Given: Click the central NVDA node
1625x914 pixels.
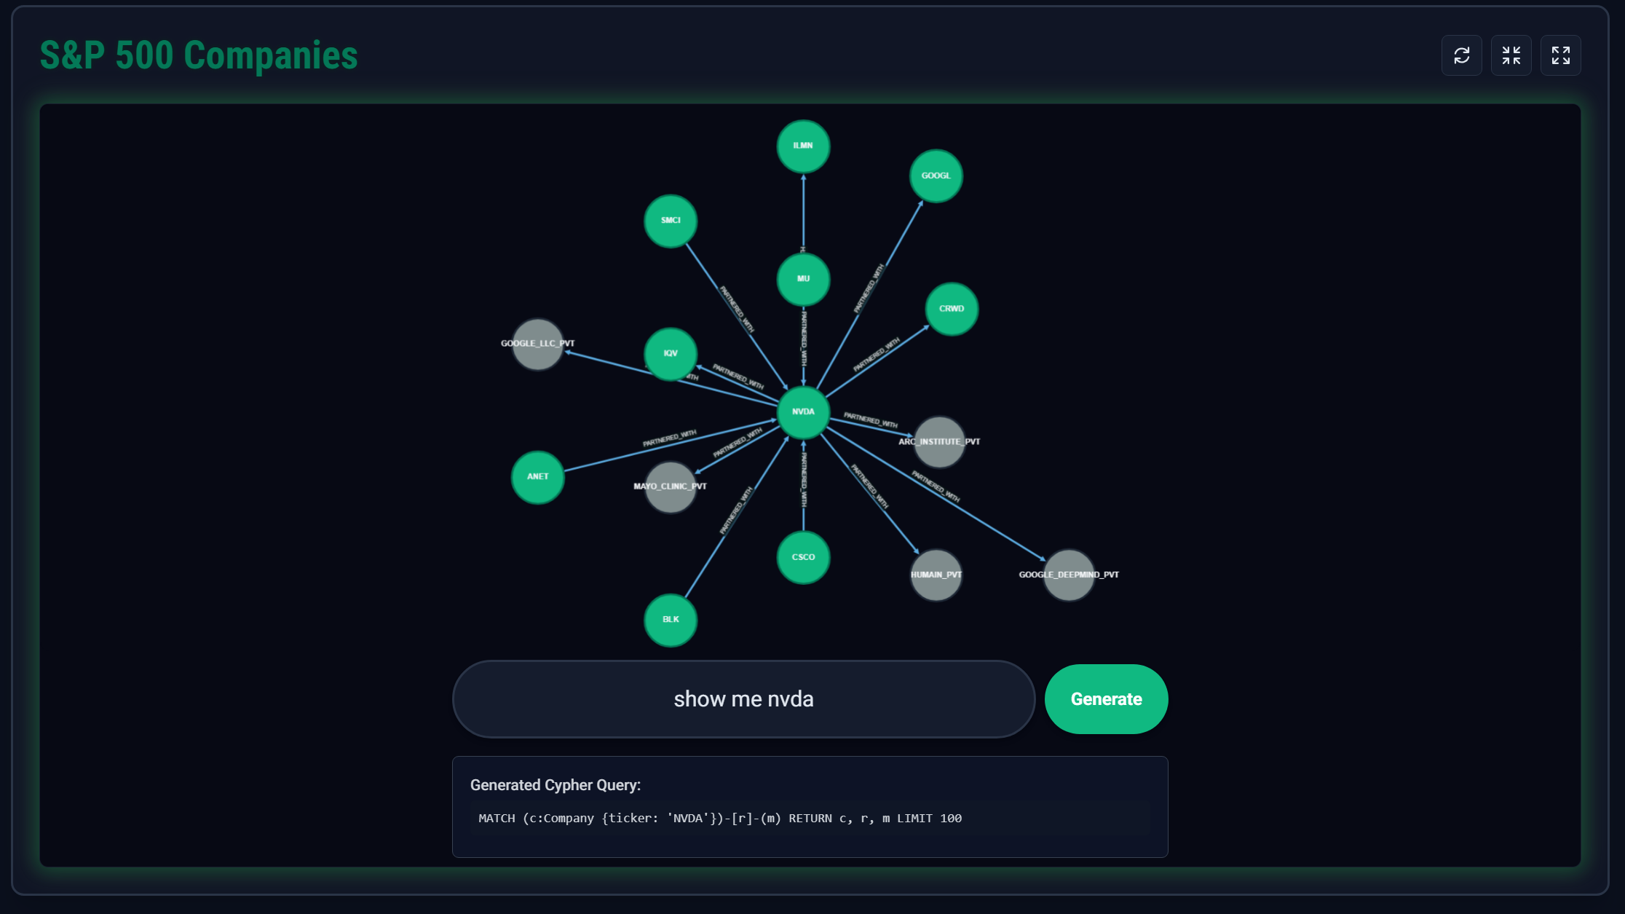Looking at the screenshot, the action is pyautogui.click(x=803, y=412).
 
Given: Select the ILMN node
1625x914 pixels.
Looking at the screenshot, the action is pyautogui.click(x=803, y=146).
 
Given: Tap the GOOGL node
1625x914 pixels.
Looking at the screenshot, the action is pyautogui.click(x=936, y=176).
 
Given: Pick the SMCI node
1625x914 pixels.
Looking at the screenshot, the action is pyautogui.click(x=671, y=221).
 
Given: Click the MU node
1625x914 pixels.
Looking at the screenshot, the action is pyautogui.click(x=803, y=279).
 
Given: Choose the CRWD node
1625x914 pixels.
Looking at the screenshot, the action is pyautogui.click(x=951, y=309).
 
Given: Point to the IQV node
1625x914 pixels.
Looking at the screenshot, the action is pyautogui.click(x=671, y=354).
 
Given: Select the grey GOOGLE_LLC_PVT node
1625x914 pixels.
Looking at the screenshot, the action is pyautogui.click(x=538, y=344).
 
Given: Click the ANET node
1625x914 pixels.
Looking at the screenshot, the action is pyautogui.click(x=538, y=477).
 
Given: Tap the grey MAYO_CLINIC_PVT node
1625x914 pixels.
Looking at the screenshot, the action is pyautogui.click(x=671, y=487).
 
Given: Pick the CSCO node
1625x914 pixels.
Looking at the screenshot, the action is pyautogui.click(x=803, y=557).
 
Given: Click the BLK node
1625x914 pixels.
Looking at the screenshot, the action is pyautogui.click(x=671, y=620).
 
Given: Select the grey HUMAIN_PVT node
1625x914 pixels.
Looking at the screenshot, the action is pyautogui.click(x=936, y=575).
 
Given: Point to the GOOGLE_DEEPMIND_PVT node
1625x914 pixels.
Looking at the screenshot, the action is pyautogui.click(x=1069, y=575).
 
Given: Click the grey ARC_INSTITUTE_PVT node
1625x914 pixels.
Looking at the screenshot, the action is pyautogui.click(x=939, y=442).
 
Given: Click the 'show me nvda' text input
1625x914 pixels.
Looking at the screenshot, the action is pyautogui.click(x=743, y=699).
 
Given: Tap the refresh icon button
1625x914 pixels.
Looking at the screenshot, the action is pyautogui.click(x=1461, y=55).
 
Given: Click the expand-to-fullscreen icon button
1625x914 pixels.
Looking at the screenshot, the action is pyautogui.click(x=1560, y=55).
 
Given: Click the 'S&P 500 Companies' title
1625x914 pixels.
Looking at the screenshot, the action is pyautogui.click(x=199, y=55).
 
